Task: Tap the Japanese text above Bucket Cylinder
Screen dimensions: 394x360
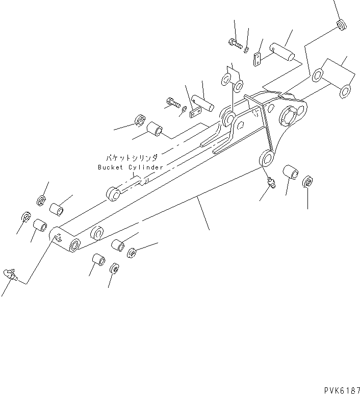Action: [x=132, y=159]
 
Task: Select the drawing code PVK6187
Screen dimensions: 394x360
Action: [x=341, y=389]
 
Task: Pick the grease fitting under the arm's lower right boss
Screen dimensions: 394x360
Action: [x=270, y=183]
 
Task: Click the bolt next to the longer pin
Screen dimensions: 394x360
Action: [x=236, y=44]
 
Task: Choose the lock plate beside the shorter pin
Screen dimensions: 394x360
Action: [x=195, y=112]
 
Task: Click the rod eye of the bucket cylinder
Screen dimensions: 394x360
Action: [x=113, y=194]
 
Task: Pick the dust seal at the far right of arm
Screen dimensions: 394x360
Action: [x=307, y=182]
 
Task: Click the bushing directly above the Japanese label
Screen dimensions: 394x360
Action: [x=155, y=131]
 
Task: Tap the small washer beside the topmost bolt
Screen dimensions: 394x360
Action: [x=246, y=49]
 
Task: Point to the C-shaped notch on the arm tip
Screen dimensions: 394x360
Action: [x=59, y=236]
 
